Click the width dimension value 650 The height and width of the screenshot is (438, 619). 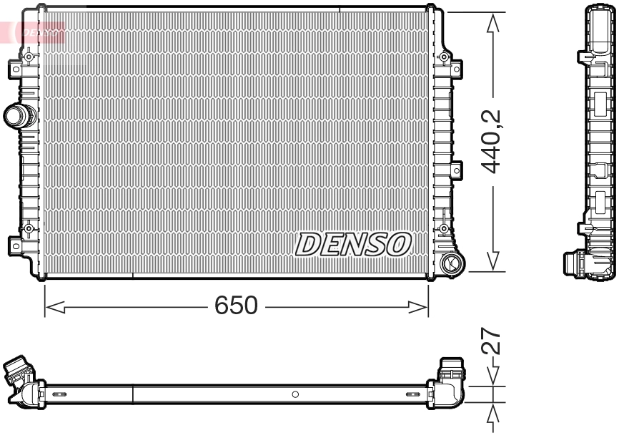(236, 306)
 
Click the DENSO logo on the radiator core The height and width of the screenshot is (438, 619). (354, 244)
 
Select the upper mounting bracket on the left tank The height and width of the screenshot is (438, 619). (15, 69)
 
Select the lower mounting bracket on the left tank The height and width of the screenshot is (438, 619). (15, 245)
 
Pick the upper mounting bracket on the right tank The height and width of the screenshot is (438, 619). (457, 69)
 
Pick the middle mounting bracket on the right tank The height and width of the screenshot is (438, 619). (457, 170)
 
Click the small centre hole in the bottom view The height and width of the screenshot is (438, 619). (295, 394)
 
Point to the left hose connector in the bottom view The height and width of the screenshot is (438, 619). (20, 373)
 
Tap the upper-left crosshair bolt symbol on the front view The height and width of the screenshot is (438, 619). (29, 57)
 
